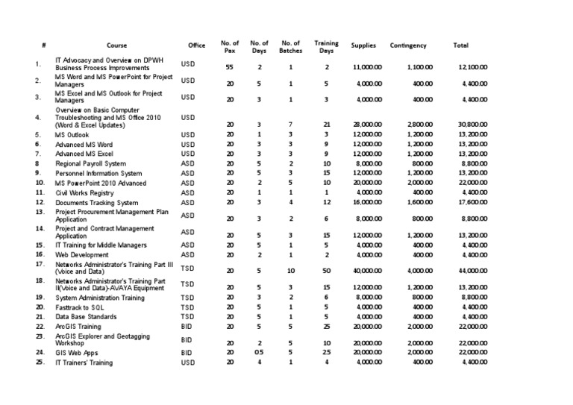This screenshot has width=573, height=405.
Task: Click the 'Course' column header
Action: click(x=117, y=46)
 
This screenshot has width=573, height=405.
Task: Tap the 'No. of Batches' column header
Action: click(x=291, y=46)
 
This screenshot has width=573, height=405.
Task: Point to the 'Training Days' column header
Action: click(x=326, y=46)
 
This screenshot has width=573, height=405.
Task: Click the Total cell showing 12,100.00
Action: click(x=473, y=68)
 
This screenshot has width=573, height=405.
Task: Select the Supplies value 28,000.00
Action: click(x=367, y=125)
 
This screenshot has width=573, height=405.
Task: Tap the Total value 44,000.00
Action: click(x=473, y=271)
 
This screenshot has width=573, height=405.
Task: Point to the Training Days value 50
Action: click(x=326, y=271)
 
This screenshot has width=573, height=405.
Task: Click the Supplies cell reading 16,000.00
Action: click(x=367, y=202)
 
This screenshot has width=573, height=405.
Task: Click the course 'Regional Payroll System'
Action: click(x=90, y=163)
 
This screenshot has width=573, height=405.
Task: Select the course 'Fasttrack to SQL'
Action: click(x=82, y=307)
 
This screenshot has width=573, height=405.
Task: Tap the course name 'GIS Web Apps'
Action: click(x=78, y=353)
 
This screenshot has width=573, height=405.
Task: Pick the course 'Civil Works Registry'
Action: click(x=85, y=192)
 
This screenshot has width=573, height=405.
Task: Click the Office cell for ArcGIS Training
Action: click(x=187, y=327)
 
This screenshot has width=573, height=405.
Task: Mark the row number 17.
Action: click(x=40, y=264)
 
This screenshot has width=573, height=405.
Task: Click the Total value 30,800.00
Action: click(x=473, y=125)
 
